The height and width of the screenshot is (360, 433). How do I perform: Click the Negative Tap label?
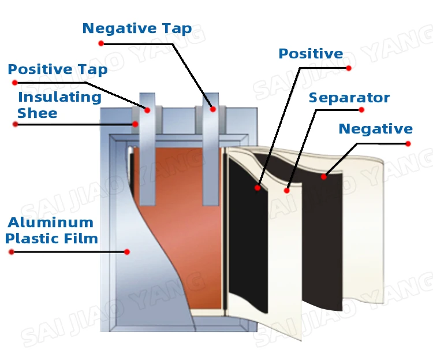click(x=137, y=29)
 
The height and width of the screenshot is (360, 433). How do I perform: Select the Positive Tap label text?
click(x=57, y=70)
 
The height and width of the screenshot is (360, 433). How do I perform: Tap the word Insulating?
click(x=59, y=97)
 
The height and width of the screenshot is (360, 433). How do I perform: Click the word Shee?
click(x=37, y=113)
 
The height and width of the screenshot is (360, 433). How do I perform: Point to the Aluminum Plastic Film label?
click(x=51, y=230)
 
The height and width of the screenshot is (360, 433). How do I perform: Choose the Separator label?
click(x=349, y=98)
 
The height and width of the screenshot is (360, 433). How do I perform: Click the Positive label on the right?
click(x=311, y=54)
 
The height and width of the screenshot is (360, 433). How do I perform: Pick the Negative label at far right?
click(x=375, y=129)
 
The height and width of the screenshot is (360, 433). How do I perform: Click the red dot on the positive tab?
click(x=147, y=110)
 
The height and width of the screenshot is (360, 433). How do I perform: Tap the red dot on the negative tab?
click(x=212, y=109)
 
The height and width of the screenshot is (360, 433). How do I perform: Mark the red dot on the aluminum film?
click(x=127, y=252)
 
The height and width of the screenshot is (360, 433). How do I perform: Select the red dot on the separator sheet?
click(x=287, y=190)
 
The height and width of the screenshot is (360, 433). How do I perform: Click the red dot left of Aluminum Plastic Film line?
click(x=11, y=252)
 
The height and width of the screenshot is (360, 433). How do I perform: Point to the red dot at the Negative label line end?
click(x=408, y=143)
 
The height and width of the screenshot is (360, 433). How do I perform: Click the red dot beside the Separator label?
click(x=362, y=110)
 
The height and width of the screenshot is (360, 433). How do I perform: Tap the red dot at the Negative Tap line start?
click(x=101, y=43)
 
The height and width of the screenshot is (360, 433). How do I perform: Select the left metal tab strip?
click(x=147, y=156)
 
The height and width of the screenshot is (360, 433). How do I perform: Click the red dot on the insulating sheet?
click(x=135, y=124)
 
